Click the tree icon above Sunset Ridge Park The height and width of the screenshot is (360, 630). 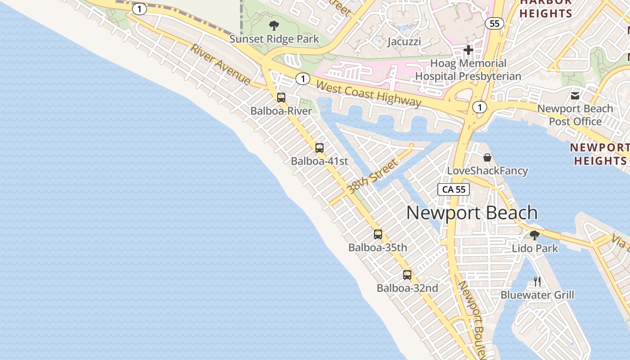point(274,26)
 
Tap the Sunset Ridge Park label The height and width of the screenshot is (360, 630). point(274,39)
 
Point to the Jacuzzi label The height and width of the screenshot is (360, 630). point(404,42)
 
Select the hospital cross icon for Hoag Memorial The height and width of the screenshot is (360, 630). point(468,49)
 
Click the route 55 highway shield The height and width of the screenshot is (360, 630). point(495,23)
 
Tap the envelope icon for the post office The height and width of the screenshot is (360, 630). point(575,95)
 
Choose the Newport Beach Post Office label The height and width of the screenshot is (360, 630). point(575,115)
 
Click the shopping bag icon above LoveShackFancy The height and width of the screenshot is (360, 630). point(487,157)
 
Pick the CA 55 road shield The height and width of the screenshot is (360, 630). point(454,189)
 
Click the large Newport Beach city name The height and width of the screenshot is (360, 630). point(472,213)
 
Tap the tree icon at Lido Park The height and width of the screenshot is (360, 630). point(535,235)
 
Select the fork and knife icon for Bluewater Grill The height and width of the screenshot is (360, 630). point(537,282)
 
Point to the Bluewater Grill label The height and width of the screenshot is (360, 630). point(537,295)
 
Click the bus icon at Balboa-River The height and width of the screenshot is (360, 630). point(281,97)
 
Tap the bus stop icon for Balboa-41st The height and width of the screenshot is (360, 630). point(319,148)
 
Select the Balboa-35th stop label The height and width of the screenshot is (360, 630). point(378,247)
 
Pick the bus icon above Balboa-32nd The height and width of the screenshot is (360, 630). point(407,274)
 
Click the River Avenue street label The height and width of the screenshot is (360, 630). point(220,64)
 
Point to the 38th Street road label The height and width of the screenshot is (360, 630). point(373,176)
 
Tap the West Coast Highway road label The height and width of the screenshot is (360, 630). point(369,94)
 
